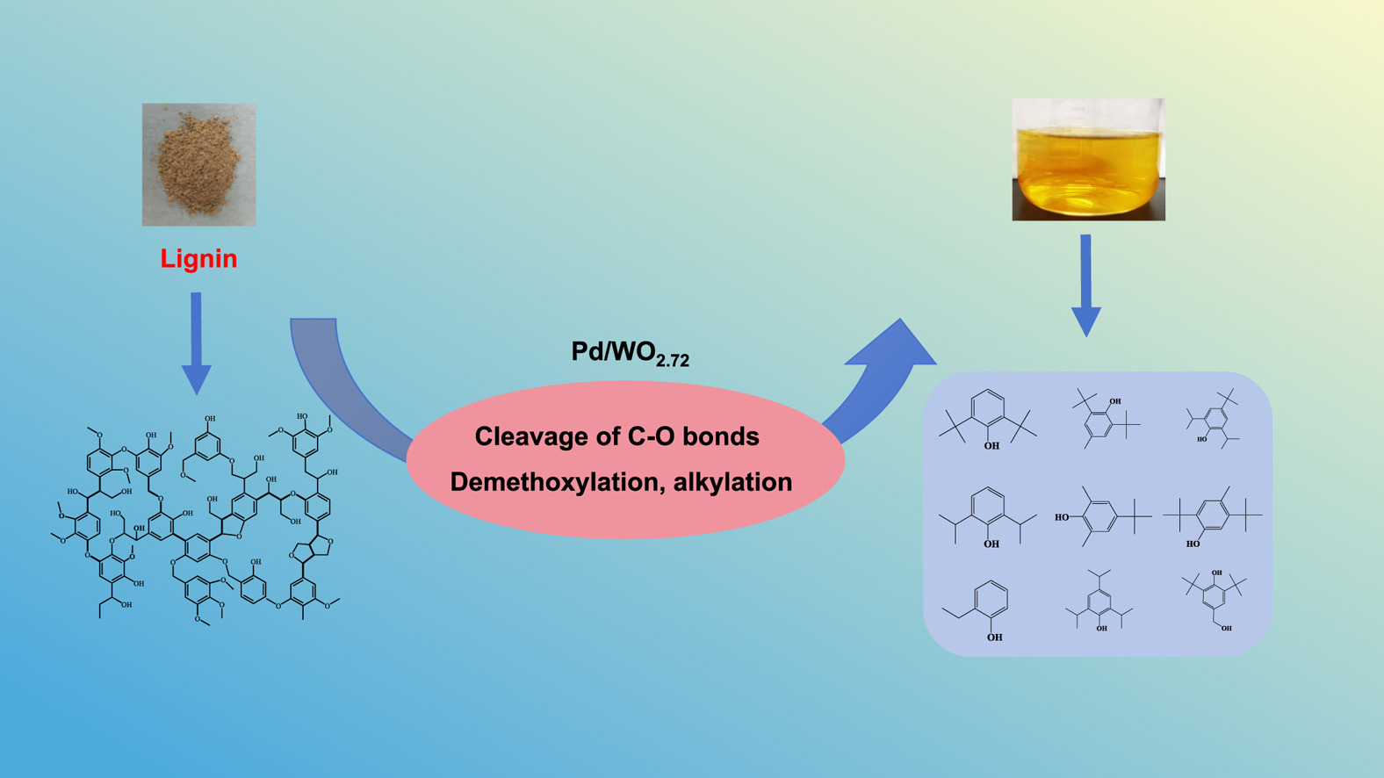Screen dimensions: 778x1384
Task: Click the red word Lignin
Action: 198,259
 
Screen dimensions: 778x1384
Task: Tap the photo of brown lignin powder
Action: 199,165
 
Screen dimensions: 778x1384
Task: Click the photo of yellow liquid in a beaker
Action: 1088,159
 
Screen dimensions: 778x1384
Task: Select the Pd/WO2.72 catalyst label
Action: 630,353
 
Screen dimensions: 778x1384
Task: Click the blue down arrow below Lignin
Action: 196,342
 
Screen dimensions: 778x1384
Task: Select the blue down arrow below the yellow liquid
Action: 1086,285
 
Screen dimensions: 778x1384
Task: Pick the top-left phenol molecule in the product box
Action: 988,419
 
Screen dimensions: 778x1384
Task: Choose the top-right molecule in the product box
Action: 1215,418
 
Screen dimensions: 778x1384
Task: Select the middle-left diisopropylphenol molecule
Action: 988,517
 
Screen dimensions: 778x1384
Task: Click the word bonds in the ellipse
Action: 717,436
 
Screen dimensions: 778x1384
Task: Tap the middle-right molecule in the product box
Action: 1214,516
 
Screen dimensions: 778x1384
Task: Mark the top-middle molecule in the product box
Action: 1103,417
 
